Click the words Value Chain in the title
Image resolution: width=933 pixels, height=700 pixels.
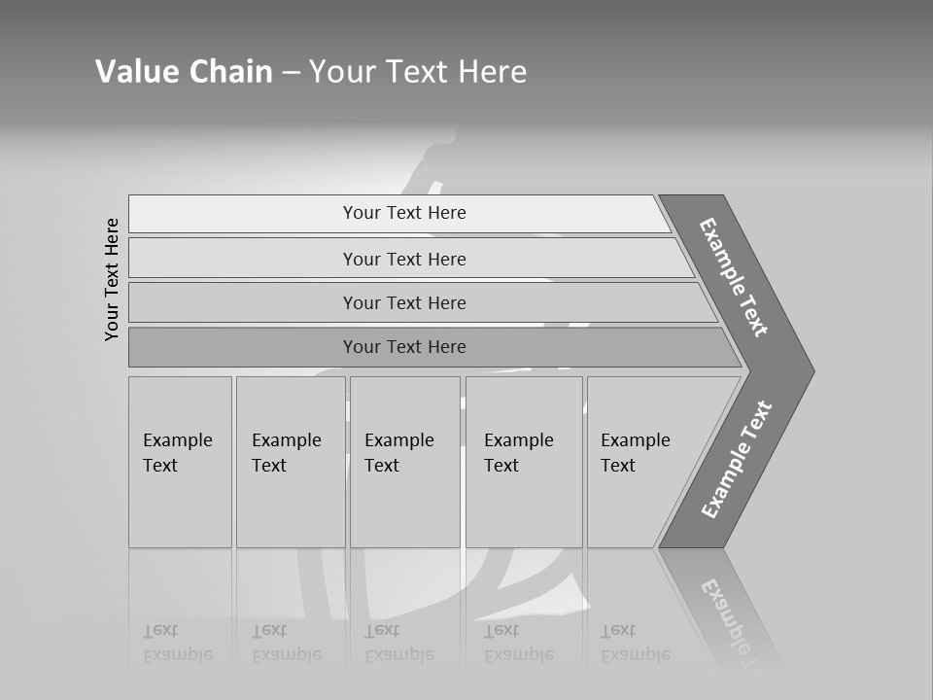click(184, 72)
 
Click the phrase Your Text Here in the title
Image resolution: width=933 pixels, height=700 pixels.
click(418, 72)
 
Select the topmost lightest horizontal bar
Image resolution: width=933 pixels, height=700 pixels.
click(404, 213)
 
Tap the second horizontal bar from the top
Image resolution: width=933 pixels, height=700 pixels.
click(404, 259)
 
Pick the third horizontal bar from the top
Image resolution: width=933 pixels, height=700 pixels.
click(404, 302)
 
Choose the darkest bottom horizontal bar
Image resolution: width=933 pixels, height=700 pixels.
click(404, 347)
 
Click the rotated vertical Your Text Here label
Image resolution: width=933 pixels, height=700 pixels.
click(112, 279)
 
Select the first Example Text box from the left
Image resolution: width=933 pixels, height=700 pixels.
click(180, 462)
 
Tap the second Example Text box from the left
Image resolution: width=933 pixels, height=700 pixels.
click(291, 462)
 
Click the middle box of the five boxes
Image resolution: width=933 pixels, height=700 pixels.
click(404, 462)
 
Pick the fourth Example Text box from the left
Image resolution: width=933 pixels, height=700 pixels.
click(524, 462)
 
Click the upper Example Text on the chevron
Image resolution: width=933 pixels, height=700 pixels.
click(734, 277)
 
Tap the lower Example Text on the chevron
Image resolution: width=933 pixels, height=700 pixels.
click(736, 460)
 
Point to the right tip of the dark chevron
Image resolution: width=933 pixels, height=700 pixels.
click(812, 370)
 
